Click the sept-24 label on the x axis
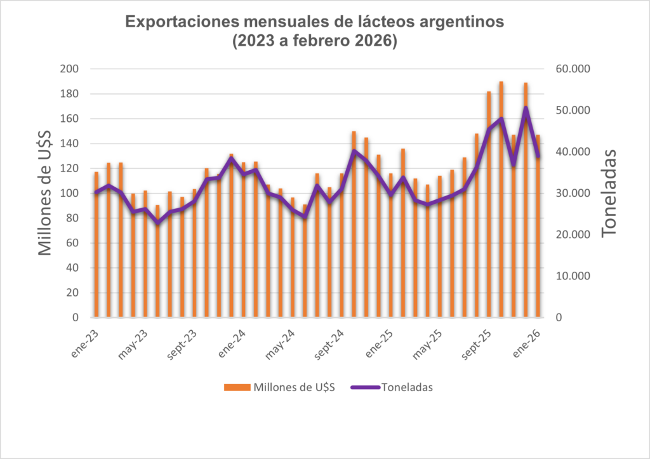(329, 343)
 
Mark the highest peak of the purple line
(526, 108)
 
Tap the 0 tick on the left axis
(75, 317)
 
